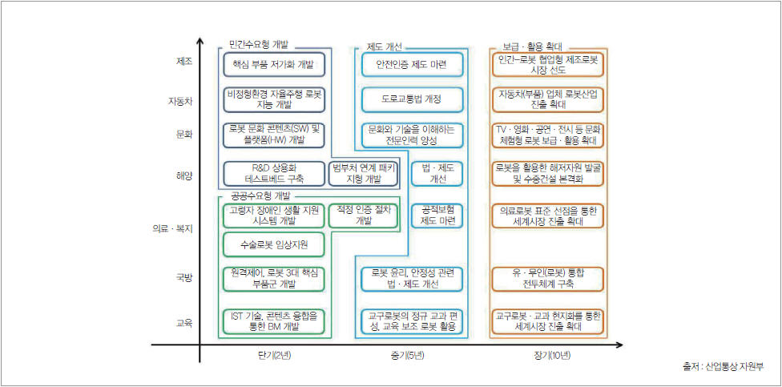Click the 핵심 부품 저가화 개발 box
(x=273, y=64)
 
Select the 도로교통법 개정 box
(x=411, y=99)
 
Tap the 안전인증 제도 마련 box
(x=411, y=64)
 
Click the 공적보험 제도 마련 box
(x=438, y=215)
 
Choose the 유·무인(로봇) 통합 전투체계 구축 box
(x=549, y=278)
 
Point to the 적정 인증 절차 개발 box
(x=364, y=215)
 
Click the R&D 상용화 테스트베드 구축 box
(x=273, y=173)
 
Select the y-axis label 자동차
(x=180, y=101)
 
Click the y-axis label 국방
(x=183, y=278)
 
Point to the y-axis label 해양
(x=183, y=174)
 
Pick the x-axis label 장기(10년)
(x=547, y=355)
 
